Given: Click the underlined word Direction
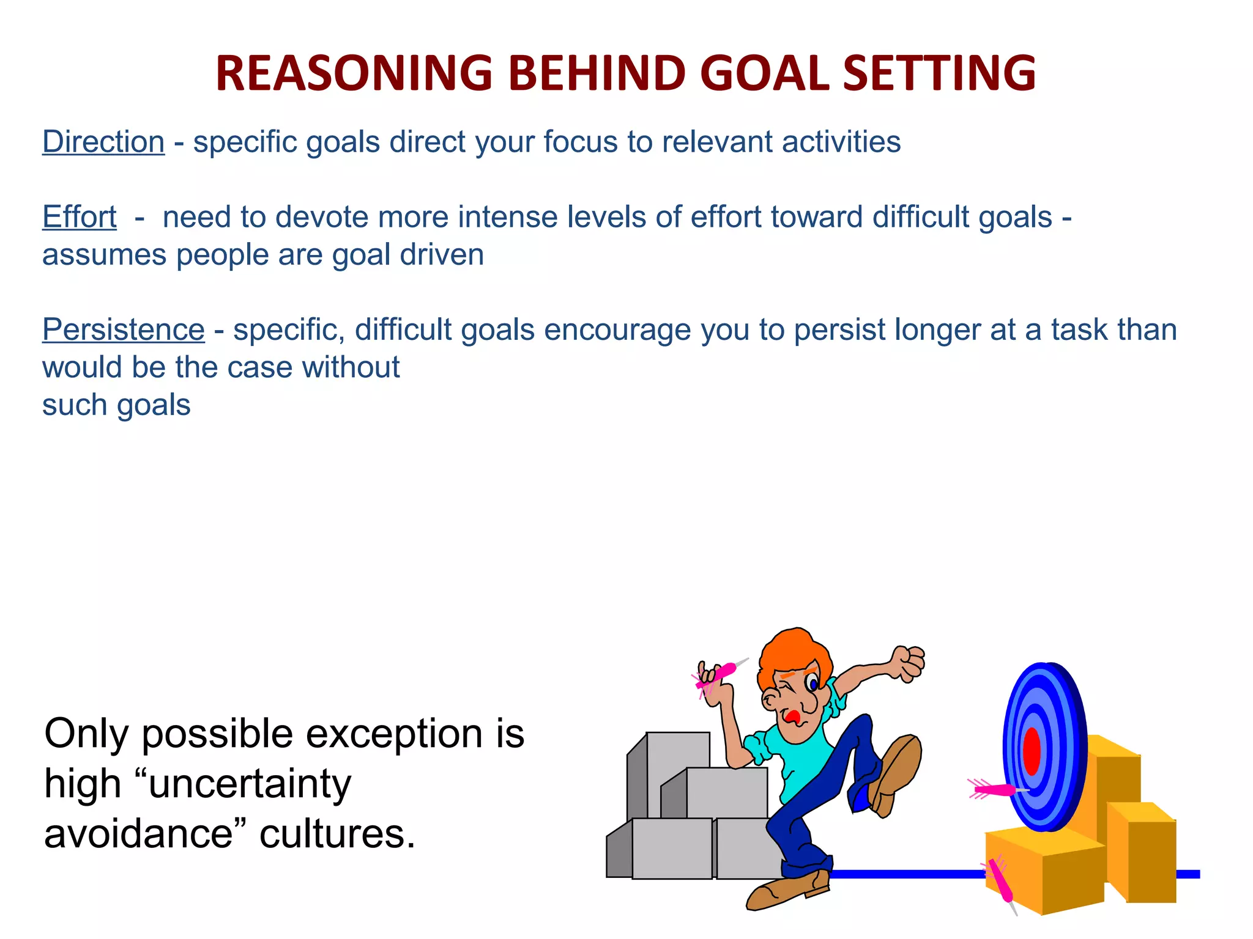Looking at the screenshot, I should tap(103, 142).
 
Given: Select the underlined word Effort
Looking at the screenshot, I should tap(79, 217).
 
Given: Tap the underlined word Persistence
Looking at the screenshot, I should tap(123, 330).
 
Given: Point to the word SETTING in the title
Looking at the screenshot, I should tap(939, 73).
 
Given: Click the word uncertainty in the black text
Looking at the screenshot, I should tap(250, 784).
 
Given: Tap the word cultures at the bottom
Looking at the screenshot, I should tap(337, 834).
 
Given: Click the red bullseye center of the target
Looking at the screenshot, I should tap(1032, 751).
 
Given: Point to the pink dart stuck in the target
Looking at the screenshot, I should tap(994, 790).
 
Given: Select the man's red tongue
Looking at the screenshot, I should tap(793, 716).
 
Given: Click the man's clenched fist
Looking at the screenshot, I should tap(908, 663).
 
